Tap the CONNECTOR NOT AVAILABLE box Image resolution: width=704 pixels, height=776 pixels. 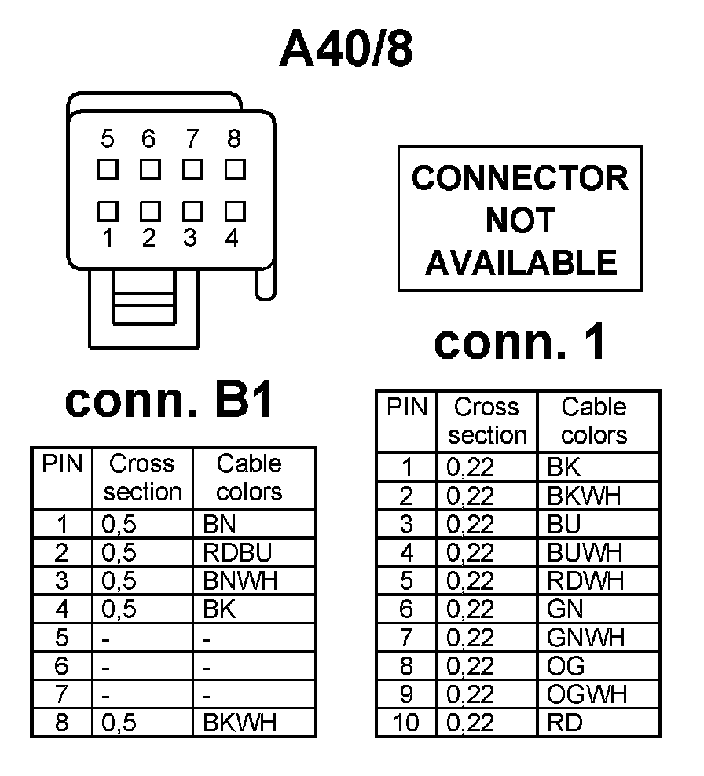520,219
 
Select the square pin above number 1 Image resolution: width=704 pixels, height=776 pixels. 108,210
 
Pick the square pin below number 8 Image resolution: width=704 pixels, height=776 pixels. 233,168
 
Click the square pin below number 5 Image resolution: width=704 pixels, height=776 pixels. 108,168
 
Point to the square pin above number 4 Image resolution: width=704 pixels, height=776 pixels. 233,210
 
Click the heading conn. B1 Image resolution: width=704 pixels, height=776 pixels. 170,401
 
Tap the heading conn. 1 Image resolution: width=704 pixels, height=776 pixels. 520,342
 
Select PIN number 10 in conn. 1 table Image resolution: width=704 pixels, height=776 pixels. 406,722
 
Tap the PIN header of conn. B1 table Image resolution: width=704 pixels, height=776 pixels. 61,464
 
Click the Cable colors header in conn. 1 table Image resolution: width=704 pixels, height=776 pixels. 594,421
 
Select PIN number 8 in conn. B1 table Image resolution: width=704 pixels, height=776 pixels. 61,723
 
